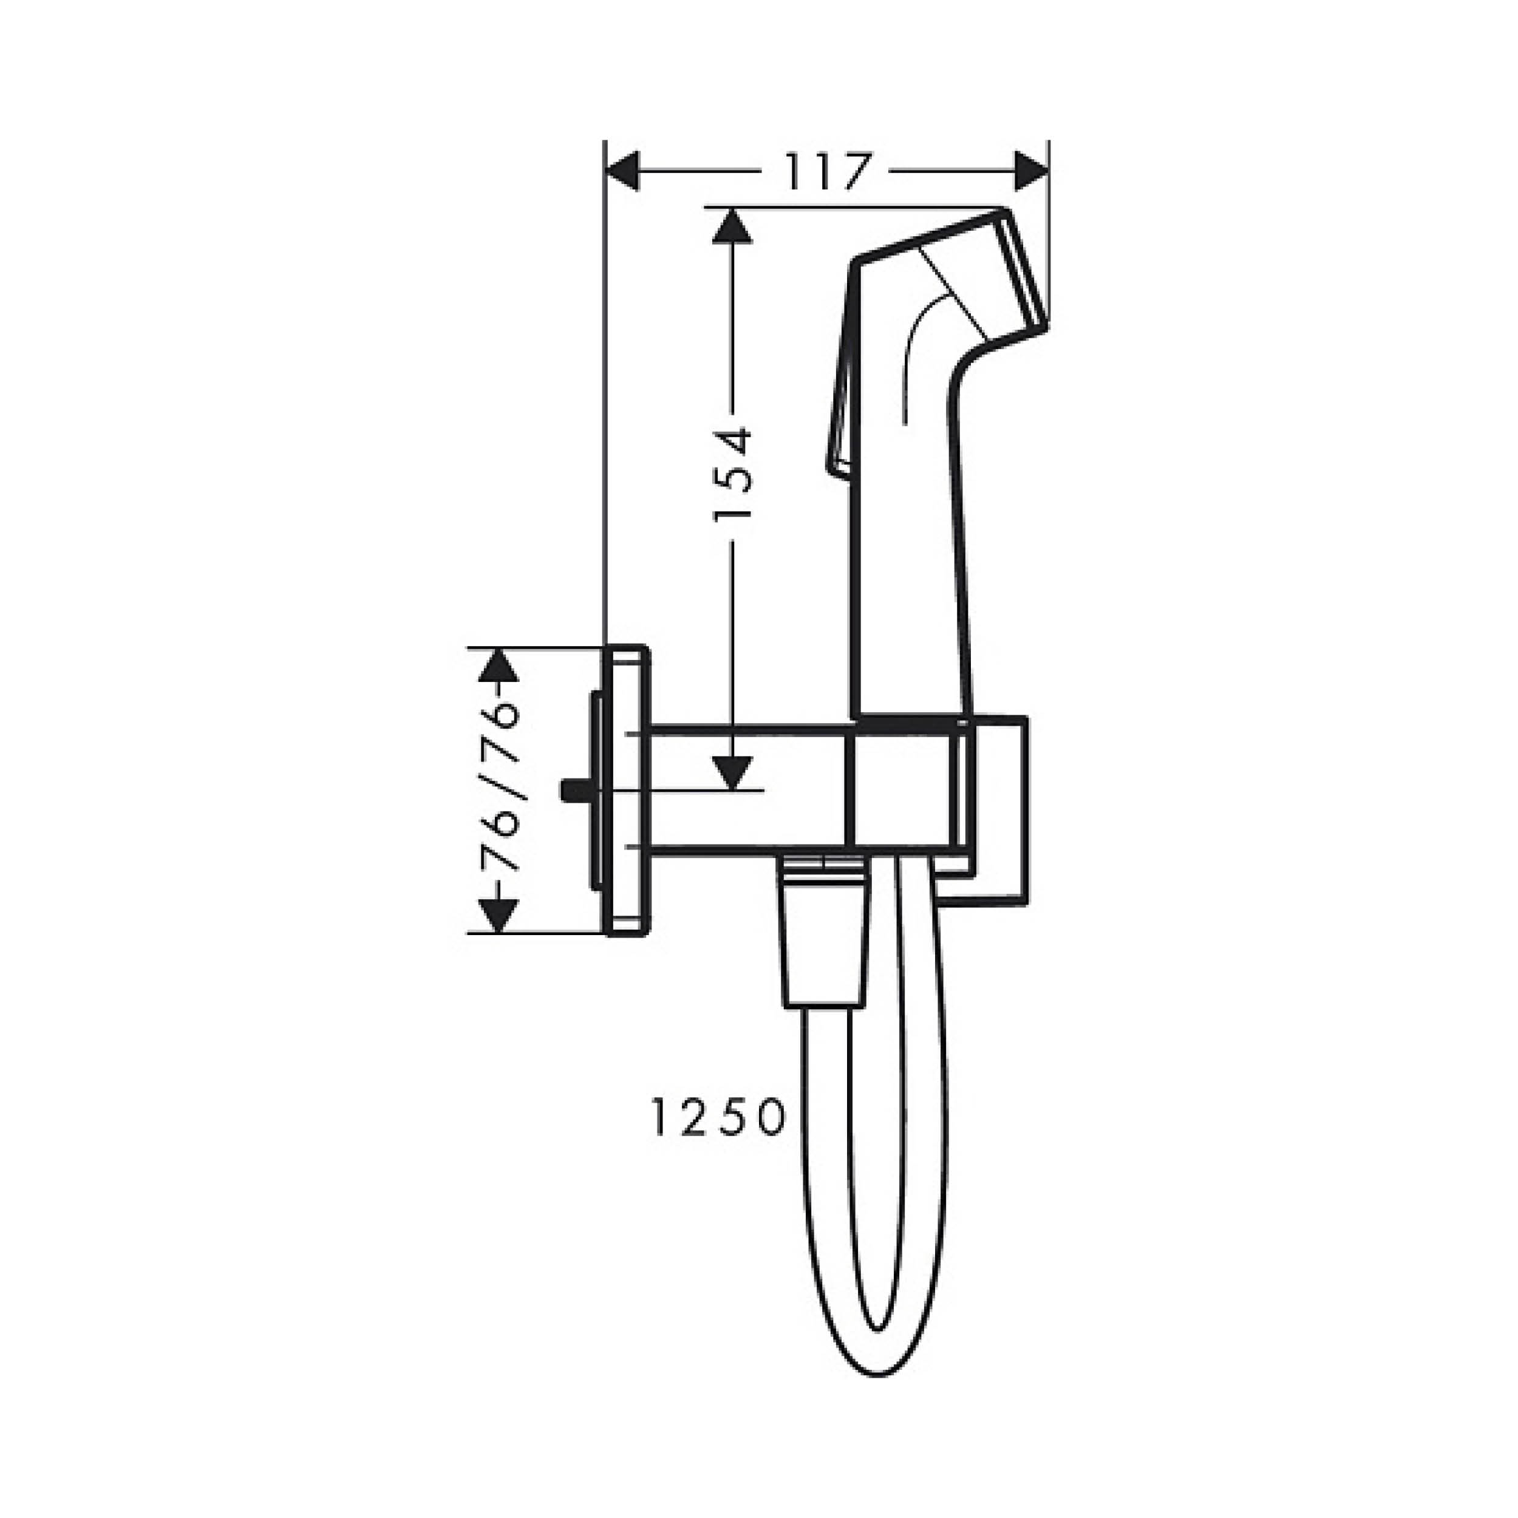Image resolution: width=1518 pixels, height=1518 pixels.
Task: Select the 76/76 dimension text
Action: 499,788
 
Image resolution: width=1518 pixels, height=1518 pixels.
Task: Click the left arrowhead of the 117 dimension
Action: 622,171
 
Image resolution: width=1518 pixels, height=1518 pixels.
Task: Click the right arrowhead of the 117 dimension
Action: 1032,171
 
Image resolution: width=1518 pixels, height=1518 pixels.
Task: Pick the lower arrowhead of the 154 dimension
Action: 732,772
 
